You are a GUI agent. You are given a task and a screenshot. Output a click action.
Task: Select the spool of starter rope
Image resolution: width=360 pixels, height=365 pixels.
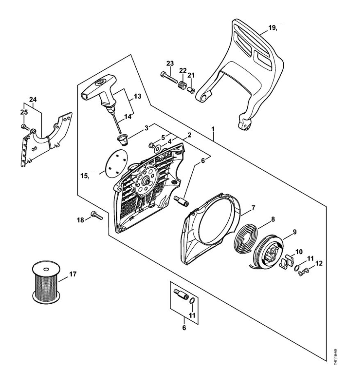46,282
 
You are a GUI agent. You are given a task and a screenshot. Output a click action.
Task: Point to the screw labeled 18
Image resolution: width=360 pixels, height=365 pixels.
96,215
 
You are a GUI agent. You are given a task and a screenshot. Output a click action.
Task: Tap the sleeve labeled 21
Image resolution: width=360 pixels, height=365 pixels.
191,90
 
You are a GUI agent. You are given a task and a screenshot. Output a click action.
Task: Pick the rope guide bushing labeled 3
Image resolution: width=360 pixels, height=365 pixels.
122,139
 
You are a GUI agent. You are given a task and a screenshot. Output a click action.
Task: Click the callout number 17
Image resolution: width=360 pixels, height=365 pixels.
73,274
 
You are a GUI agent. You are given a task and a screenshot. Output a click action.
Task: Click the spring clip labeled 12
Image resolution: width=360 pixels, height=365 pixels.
303,272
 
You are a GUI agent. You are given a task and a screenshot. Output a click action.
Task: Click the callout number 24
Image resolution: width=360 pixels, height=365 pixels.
33,99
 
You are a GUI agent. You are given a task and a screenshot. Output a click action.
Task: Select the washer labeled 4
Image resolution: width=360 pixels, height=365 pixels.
158,149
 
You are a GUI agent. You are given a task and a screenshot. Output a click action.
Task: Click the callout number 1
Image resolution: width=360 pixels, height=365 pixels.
213,129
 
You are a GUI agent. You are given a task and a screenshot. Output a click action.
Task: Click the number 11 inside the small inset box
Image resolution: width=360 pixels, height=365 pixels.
192,315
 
